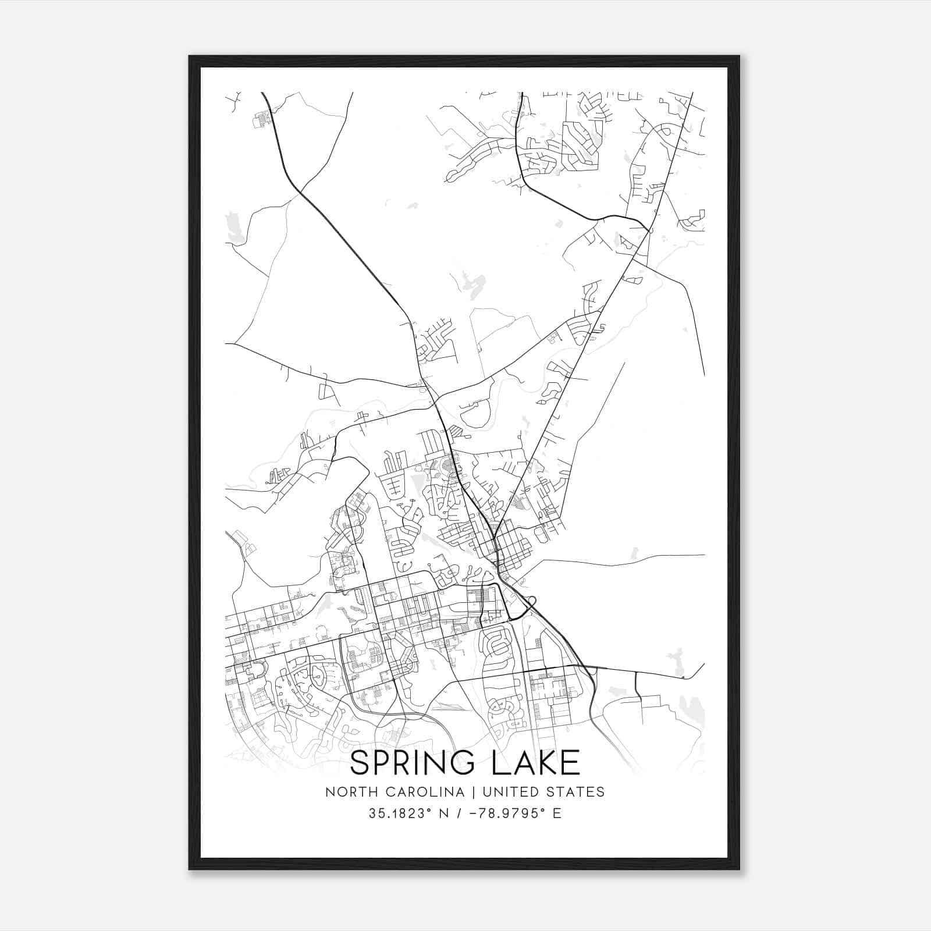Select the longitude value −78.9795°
[x=506, y=813]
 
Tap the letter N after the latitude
[x=447, y=813]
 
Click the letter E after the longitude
[x=557, y=813]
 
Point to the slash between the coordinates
[x=461, y=813]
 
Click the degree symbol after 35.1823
[x=432, y=809]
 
